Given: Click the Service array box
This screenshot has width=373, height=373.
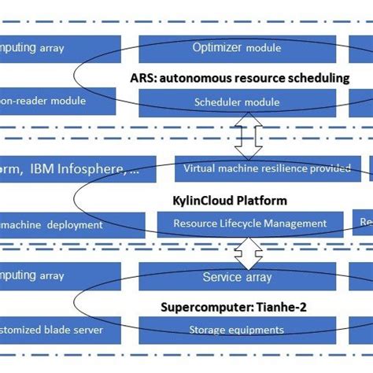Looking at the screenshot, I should [238, 276].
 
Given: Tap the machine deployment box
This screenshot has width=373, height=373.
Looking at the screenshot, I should [59, 224].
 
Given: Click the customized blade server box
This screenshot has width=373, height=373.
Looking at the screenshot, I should [59, 330].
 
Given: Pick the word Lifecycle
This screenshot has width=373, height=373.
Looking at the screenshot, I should [246, 223].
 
